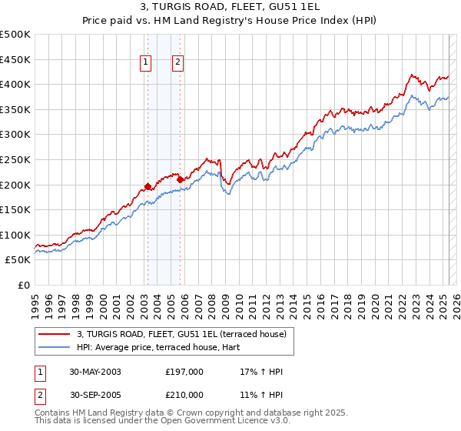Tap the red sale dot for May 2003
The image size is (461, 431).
click(x=148, y=185)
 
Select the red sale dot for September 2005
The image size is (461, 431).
click(x=180, y=179)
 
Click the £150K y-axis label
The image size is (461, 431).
click(x=15, y=209)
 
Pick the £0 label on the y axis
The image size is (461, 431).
click(x=23, y=285)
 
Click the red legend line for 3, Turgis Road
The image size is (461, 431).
click(x=54, y=333)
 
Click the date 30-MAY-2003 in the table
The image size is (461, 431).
click(x=95, y=372)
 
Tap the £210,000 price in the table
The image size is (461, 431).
click(x=184, y=395)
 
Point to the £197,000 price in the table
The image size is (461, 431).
click(x=184, y=372)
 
